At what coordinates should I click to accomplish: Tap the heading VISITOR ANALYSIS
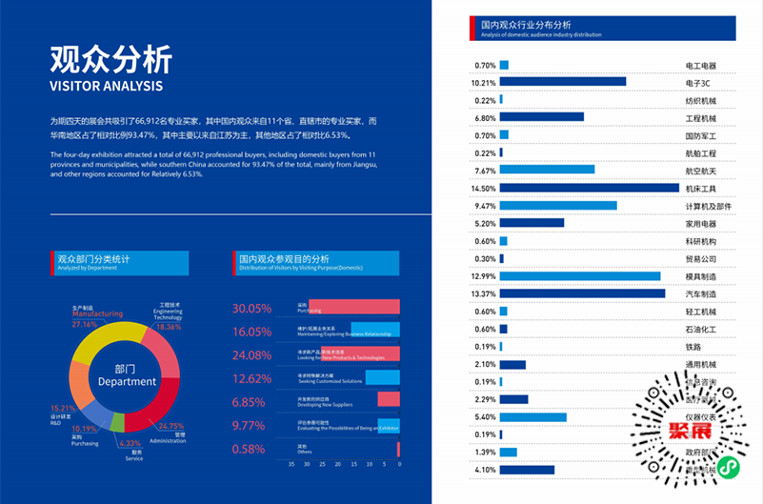click(107, 86)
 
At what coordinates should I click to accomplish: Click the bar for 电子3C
click(562, 82)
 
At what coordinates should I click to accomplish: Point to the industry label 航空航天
click(700, 171)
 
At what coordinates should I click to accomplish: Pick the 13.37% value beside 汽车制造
click(484, 293)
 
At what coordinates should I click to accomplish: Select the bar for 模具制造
click(579, 276)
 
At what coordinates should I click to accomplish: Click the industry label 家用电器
click(700, 223)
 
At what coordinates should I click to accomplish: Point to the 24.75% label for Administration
click(171, 426)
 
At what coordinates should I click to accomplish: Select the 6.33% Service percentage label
click(131, 443)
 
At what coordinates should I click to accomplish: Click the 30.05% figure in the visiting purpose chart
click(252, 309)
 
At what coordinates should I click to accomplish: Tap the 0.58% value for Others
click(249, 449)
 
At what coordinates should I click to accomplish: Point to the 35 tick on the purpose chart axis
click(291, 464)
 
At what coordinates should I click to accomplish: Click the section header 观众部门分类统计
click(92, 258)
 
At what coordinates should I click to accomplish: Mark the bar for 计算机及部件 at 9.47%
click(558, 206)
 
